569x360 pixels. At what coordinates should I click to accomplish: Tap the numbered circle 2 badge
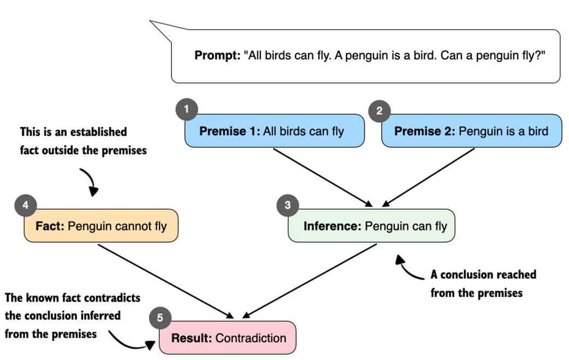coord(380,111)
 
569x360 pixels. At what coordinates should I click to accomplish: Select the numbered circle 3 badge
coord(288,205)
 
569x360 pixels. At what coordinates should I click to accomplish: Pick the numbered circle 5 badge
coord(159,317)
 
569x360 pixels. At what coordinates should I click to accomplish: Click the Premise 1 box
coord(274,131)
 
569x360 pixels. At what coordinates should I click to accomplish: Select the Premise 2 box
coord(471,131)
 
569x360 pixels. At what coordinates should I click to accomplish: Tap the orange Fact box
coord(101,226)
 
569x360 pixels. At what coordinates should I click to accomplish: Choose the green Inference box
coord(371,226)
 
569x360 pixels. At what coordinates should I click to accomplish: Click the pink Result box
coord(228,338)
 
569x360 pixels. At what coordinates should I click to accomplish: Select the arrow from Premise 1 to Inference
coord(322,177)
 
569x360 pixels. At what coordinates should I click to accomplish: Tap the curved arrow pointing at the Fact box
coord(89,180)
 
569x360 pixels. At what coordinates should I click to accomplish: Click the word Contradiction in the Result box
coord(251,338)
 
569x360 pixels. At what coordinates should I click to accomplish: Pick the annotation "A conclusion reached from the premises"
coord(483,284)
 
